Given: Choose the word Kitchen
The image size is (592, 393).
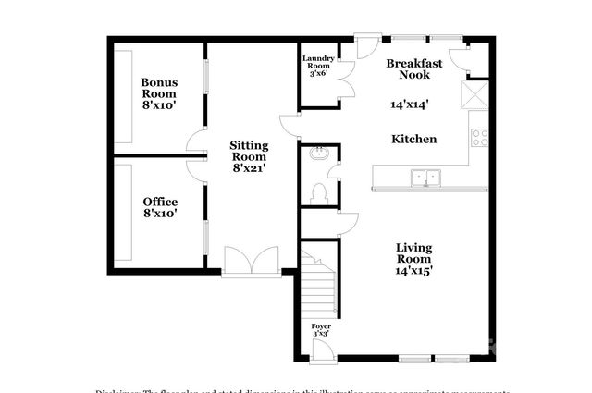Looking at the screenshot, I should click(413, 139).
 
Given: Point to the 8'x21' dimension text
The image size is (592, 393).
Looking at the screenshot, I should click(249, 168).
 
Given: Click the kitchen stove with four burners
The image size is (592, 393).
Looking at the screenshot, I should click(480, 138).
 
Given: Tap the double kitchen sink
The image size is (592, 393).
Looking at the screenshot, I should click(426, 176).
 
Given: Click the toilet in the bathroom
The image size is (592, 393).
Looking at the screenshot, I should click(320, 192).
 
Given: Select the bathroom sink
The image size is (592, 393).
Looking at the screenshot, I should click(320, 154).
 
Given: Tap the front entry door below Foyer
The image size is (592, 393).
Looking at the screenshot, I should click(321, 350).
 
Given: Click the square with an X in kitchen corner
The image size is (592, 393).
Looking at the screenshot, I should click(478, 94).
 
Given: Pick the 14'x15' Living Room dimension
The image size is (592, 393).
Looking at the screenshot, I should click(414, 271).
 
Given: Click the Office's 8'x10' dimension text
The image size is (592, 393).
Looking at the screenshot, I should click(160, 214).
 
